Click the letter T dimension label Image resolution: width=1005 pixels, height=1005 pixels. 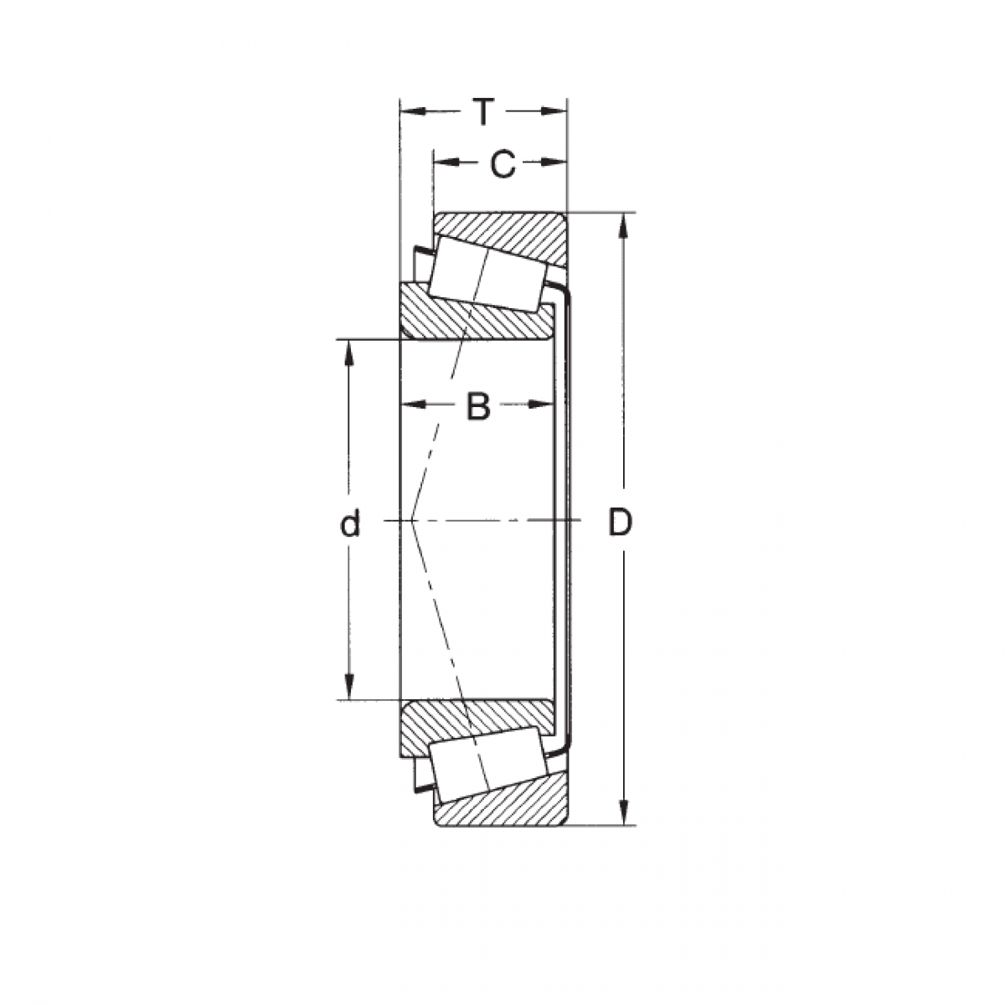coord(483,111)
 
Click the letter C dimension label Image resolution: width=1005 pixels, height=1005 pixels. coord(502,164)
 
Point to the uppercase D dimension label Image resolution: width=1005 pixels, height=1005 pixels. coord(620,523)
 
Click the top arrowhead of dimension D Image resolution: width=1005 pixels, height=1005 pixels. coord(623,225)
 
